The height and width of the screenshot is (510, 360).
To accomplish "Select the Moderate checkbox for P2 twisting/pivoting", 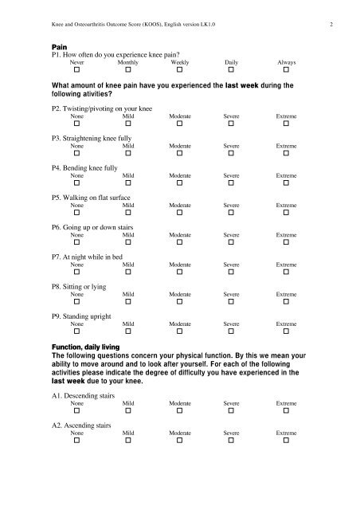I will click(180, 124).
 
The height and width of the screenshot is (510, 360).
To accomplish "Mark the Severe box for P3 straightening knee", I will click(232, 155).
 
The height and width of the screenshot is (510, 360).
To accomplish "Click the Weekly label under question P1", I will click(180, 61).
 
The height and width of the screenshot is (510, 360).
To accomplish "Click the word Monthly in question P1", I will click(127, 61).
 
